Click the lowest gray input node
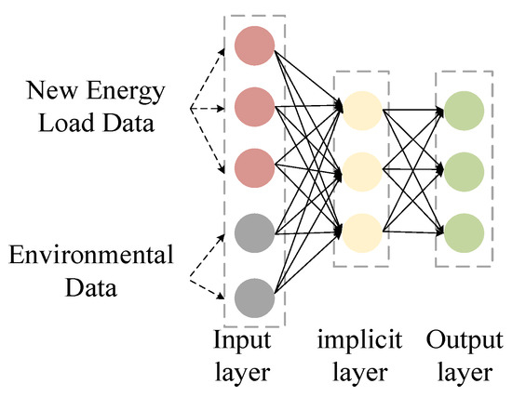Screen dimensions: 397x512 pos(254,298)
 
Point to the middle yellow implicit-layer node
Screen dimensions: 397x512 pos(360,171)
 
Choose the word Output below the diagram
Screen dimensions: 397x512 pos(462,338)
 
